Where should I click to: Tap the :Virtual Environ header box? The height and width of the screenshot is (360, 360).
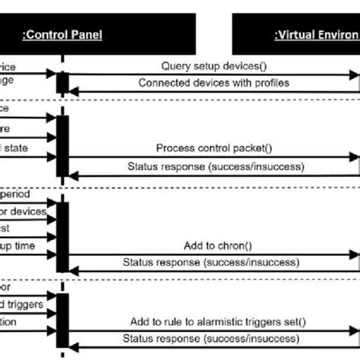pyautogui.click(x=296, y=34)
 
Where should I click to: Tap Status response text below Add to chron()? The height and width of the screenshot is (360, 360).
pyautogui.click(x=210, y=262)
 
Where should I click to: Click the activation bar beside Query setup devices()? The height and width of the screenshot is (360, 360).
pyautogui.click(x=62, y=82)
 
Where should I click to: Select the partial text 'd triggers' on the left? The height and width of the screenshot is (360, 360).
pyautogui.click(x=23, y=305)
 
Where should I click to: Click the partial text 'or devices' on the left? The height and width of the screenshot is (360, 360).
pyautogui.click(x=24, y=211)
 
